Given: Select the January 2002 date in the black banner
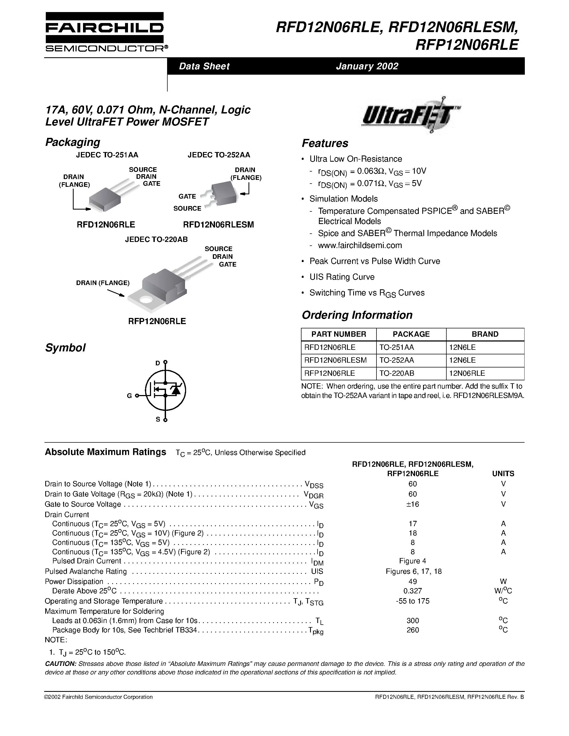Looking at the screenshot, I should coord(367,66).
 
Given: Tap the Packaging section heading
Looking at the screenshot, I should coord(73,142).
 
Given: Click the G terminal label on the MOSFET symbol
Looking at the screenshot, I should coord(129,396).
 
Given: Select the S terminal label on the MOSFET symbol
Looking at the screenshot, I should coord(157,420).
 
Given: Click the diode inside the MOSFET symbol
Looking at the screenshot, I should coord(176,390).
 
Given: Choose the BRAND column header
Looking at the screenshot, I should coord(485,334).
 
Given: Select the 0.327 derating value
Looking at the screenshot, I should coord(413,591).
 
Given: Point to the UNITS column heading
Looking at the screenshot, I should coord(503,473).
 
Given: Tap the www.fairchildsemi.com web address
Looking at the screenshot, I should coord(360,245).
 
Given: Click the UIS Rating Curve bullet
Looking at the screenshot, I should coord(342,277).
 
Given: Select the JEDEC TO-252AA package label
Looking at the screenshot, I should coord(219,155).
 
